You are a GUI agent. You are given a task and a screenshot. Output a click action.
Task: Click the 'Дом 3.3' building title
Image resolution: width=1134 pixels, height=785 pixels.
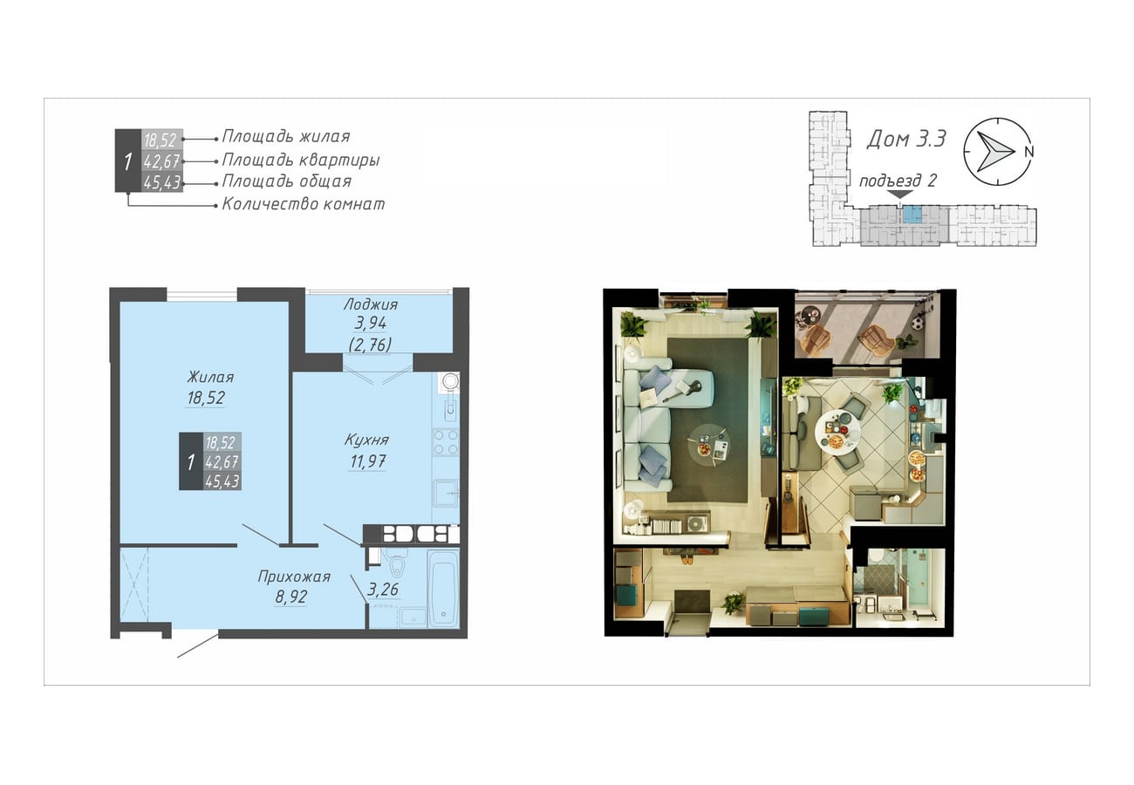click(x=905, y=139)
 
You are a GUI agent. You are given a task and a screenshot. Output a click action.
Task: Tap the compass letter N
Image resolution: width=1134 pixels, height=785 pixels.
click(x=1028, y=152)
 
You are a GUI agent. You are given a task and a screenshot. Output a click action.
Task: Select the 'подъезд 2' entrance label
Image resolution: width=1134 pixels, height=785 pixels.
click(x=898, y=181)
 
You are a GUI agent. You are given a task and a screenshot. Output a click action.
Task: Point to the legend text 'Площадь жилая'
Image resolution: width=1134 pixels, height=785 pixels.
click(x=286, y=137)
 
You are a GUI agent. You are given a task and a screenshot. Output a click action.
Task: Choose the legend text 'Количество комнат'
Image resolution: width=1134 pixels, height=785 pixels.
click(x=304, y=204)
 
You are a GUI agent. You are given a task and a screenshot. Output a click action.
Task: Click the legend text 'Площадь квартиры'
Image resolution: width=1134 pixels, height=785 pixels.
click(x=301, y=160)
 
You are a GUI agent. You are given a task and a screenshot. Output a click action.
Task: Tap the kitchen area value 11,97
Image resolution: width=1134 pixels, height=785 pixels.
click(x=367, y=461)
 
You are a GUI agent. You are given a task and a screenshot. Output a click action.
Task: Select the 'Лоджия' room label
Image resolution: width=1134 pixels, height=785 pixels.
click(x=371, y=304)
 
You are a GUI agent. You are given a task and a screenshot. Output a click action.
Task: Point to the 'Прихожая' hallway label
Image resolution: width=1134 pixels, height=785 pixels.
click(x=294, y=577)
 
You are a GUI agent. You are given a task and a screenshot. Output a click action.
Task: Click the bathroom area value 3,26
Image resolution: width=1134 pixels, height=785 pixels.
click(x=383, y=589)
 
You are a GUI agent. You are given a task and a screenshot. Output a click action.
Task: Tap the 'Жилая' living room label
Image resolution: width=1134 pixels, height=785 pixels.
click(x=210, y=377)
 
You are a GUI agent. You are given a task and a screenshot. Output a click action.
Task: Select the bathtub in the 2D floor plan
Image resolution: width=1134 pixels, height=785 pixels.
click(x=443, y=590)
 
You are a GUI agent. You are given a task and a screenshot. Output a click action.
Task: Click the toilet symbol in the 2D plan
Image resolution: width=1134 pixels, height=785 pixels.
click(x=399, y=565)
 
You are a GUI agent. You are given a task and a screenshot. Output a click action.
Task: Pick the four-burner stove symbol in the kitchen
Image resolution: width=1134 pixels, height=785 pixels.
click(x=446, y=442)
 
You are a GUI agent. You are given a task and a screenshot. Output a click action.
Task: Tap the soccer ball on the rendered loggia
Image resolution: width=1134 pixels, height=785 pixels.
click(x=918, y=323)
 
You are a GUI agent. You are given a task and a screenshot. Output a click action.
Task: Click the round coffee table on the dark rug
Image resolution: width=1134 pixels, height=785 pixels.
click(x=709, y=443)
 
